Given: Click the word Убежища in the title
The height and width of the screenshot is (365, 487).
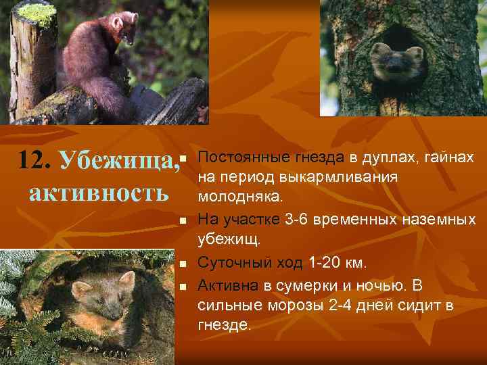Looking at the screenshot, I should [119, 161].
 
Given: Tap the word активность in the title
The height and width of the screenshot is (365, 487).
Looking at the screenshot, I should [99, 192].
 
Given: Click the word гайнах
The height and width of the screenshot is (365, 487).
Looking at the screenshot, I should [448, 158].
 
